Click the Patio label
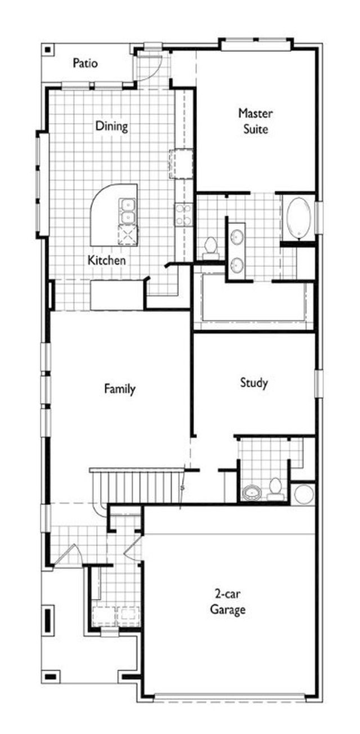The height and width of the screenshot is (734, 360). (x=85, y=63)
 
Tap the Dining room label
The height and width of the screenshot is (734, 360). (x=112, y=126)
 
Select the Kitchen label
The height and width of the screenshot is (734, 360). (x=107, y=261)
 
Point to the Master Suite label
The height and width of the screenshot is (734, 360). (x=255, y=121)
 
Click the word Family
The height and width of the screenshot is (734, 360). (x=120, y=389)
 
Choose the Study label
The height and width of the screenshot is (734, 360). (x=254, y=383)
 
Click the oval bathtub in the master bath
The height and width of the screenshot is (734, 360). (x=299, y=218)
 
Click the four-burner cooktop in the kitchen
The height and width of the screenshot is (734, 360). (x=183, y=214)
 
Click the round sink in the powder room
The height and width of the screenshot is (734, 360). (x=251, y=493)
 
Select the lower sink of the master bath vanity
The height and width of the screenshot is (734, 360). (x=237, y=265)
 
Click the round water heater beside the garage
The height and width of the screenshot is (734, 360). (x=303, y=494)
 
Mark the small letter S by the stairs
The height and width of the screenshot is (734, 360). (x=182, y=488)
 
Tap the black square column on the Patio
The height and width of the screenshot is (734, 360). (x=48, y=50)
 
